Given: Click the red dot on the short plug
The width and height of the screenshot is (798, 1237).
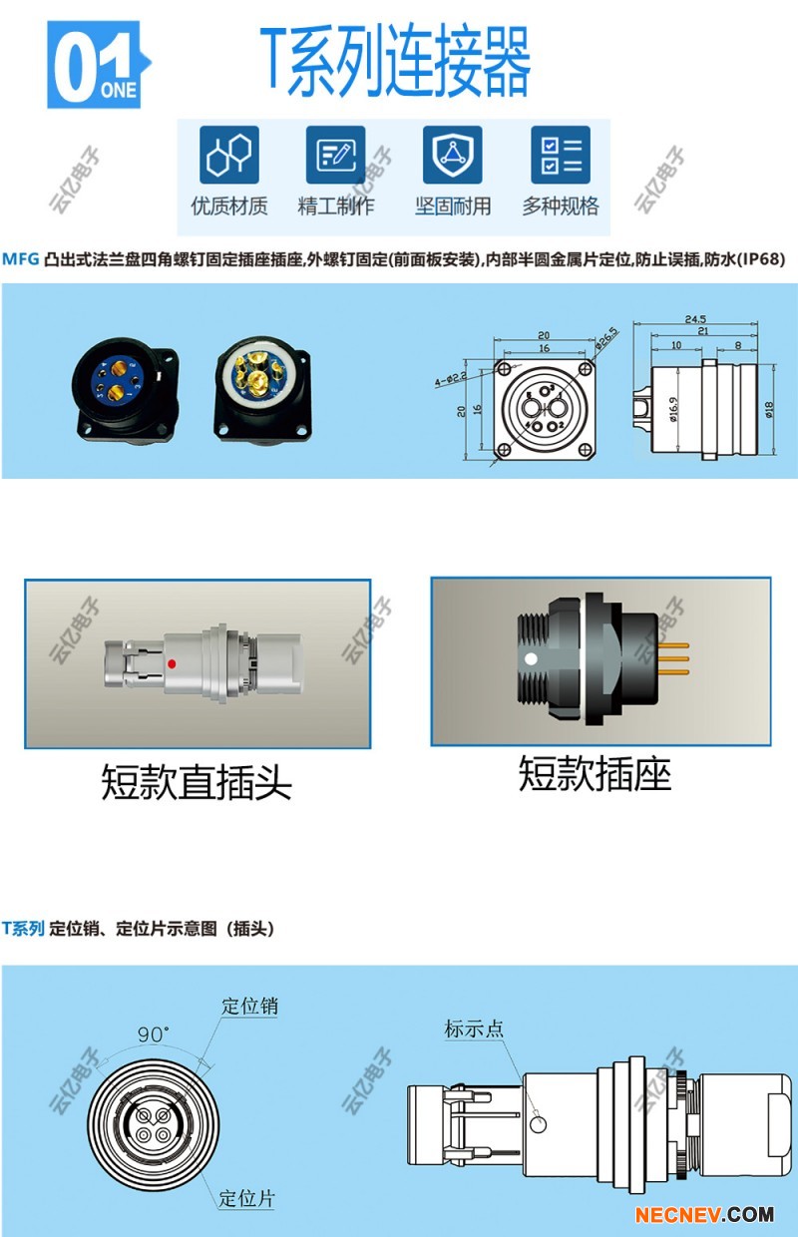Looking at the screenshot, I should coord(173,662).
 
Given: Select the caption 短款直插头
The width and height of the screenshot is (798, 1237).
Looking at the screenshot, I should coord(197,782).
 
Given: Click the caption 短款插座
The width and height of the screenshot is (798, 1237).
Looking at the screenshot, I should coord(595,774).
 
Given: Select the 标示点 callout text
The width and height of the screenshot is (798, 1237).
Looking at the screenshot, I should coord(474,1029).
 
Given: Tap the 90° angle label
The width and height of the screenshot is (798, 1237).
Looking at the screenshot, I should coord(154,1034).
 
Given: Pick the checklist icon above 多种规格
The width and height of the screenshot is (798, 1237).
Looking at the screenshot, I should coord(560,155).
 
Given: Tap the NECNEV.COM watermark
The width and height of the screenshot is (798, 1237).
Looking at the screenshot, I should coord(704,1214).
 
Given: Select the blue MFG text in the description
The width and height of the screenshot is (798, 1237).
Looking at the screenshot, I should coord(20,259).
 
